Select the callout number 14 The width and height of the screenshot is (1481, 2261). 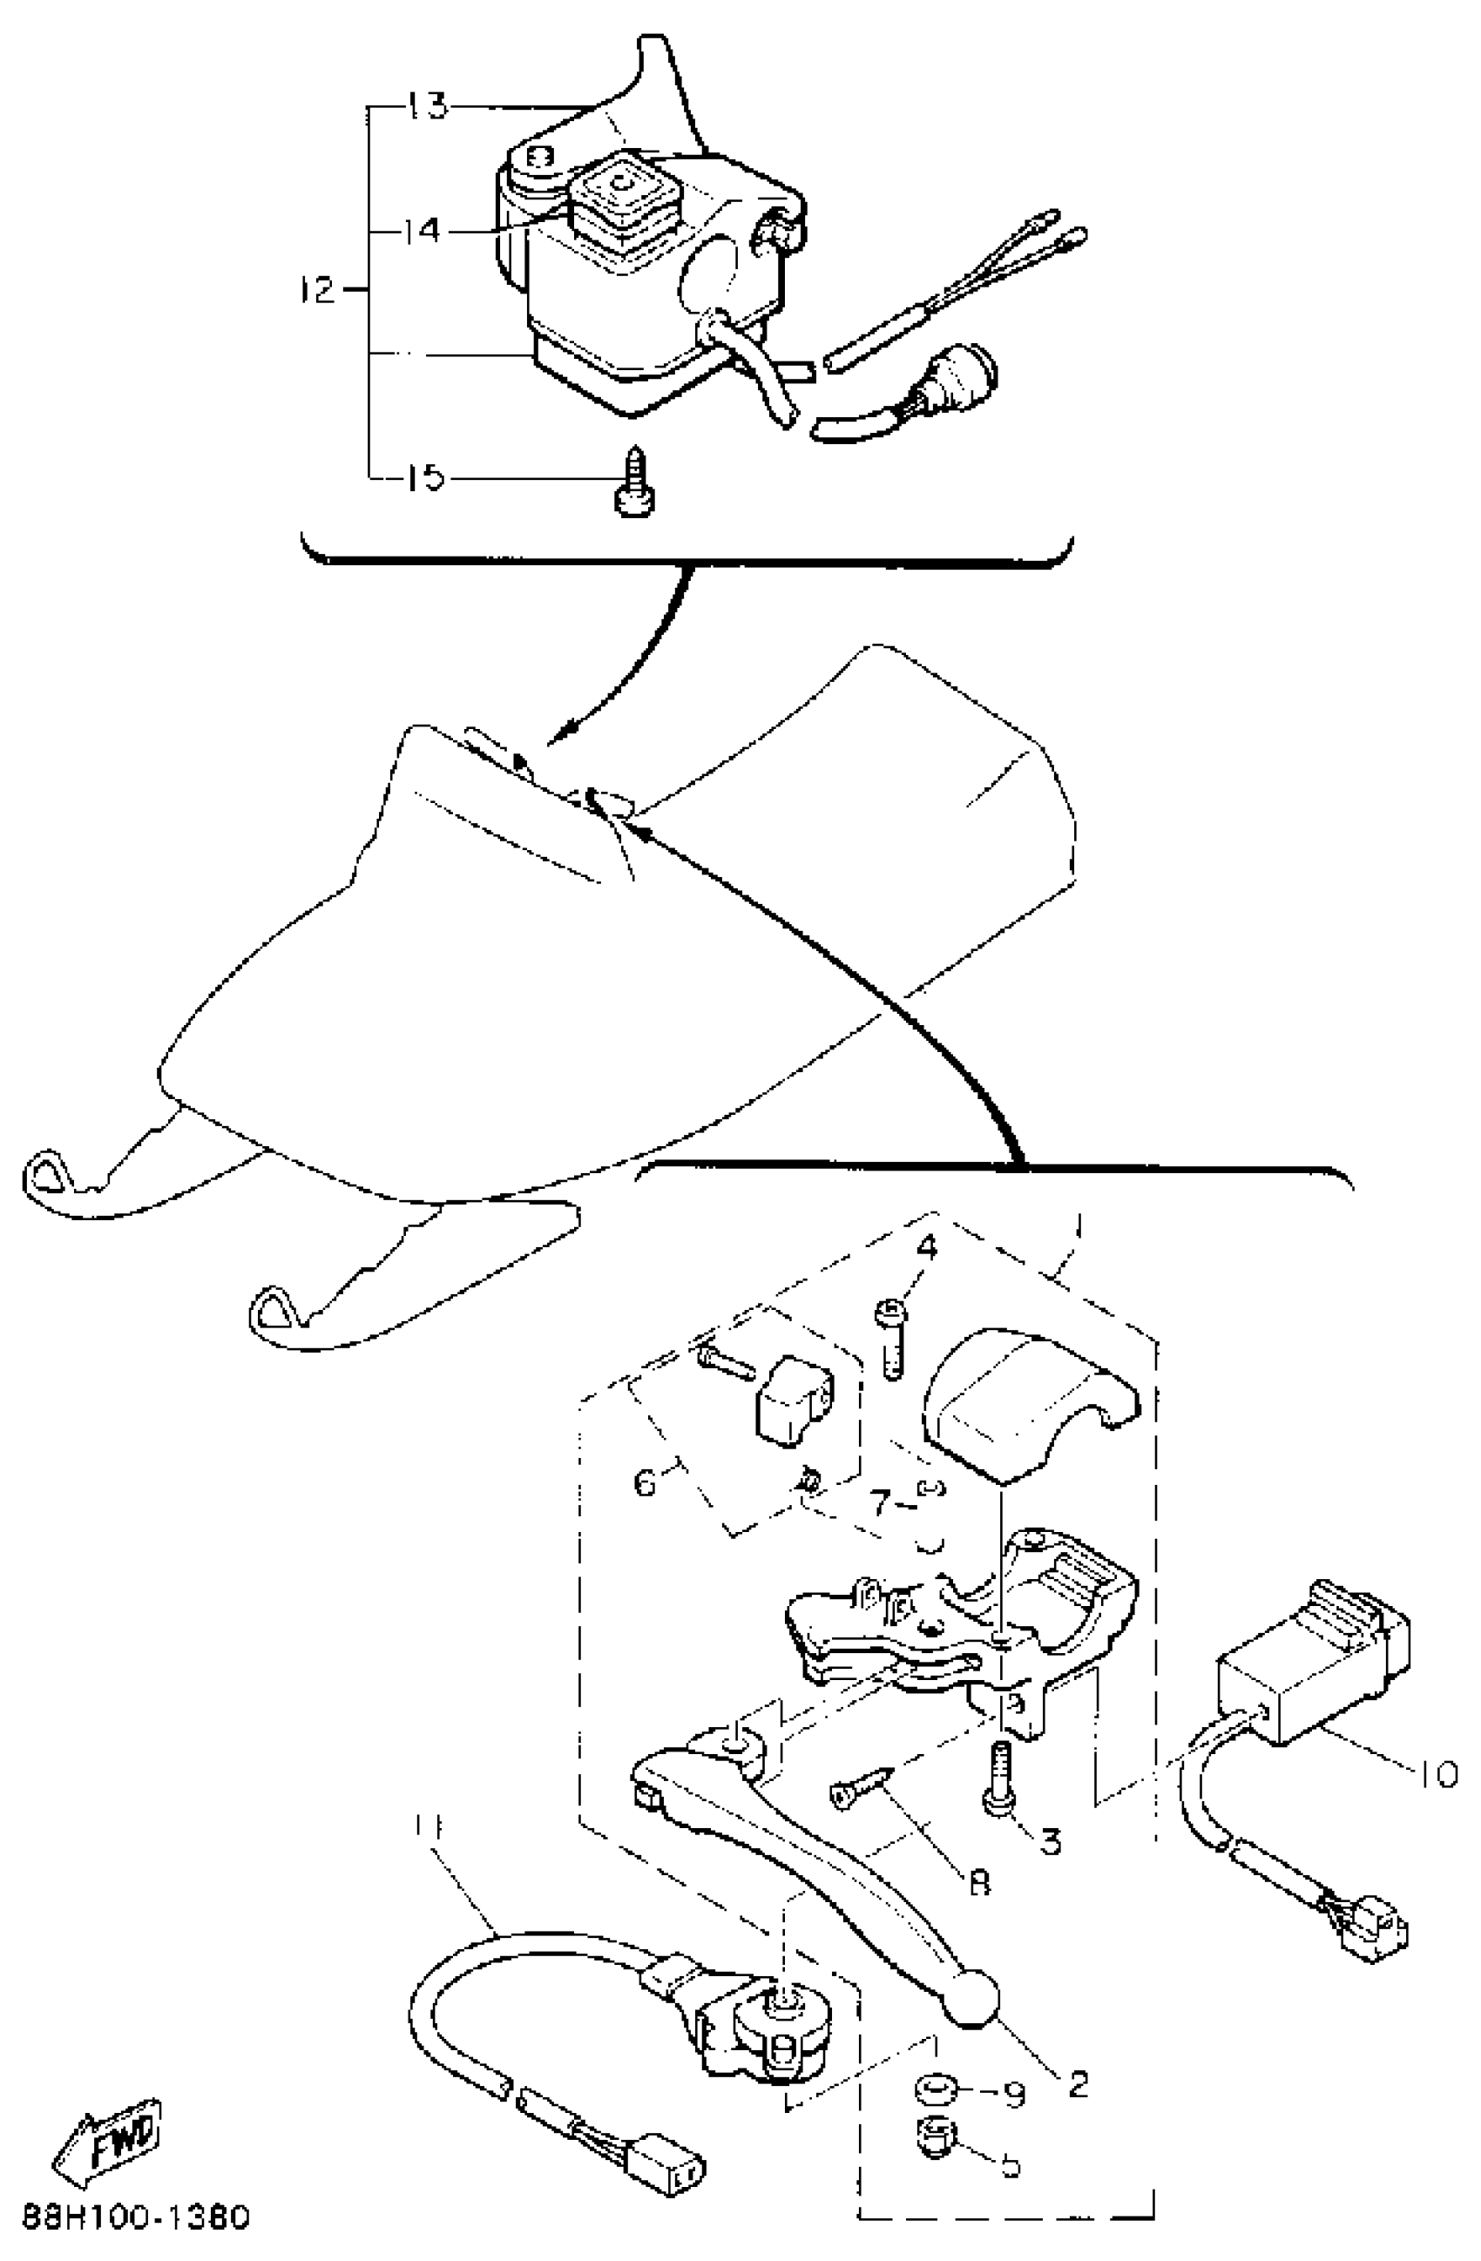[420, 230]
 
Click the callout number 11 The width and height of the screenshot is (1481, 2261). [428, 1825]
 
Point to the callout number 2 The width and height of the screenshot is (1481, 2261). [1078, 2074]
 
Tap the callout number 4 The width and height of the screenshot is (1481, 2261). [926, 1246]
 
